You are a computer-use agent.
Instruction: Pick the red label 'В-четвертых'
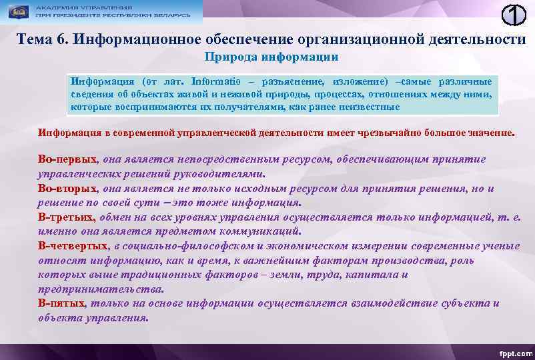[74, 246]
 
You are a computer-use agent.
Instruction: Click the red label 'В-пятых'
[62, 303]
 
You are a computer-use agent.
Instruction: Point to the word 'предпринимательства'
[100, 289]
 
